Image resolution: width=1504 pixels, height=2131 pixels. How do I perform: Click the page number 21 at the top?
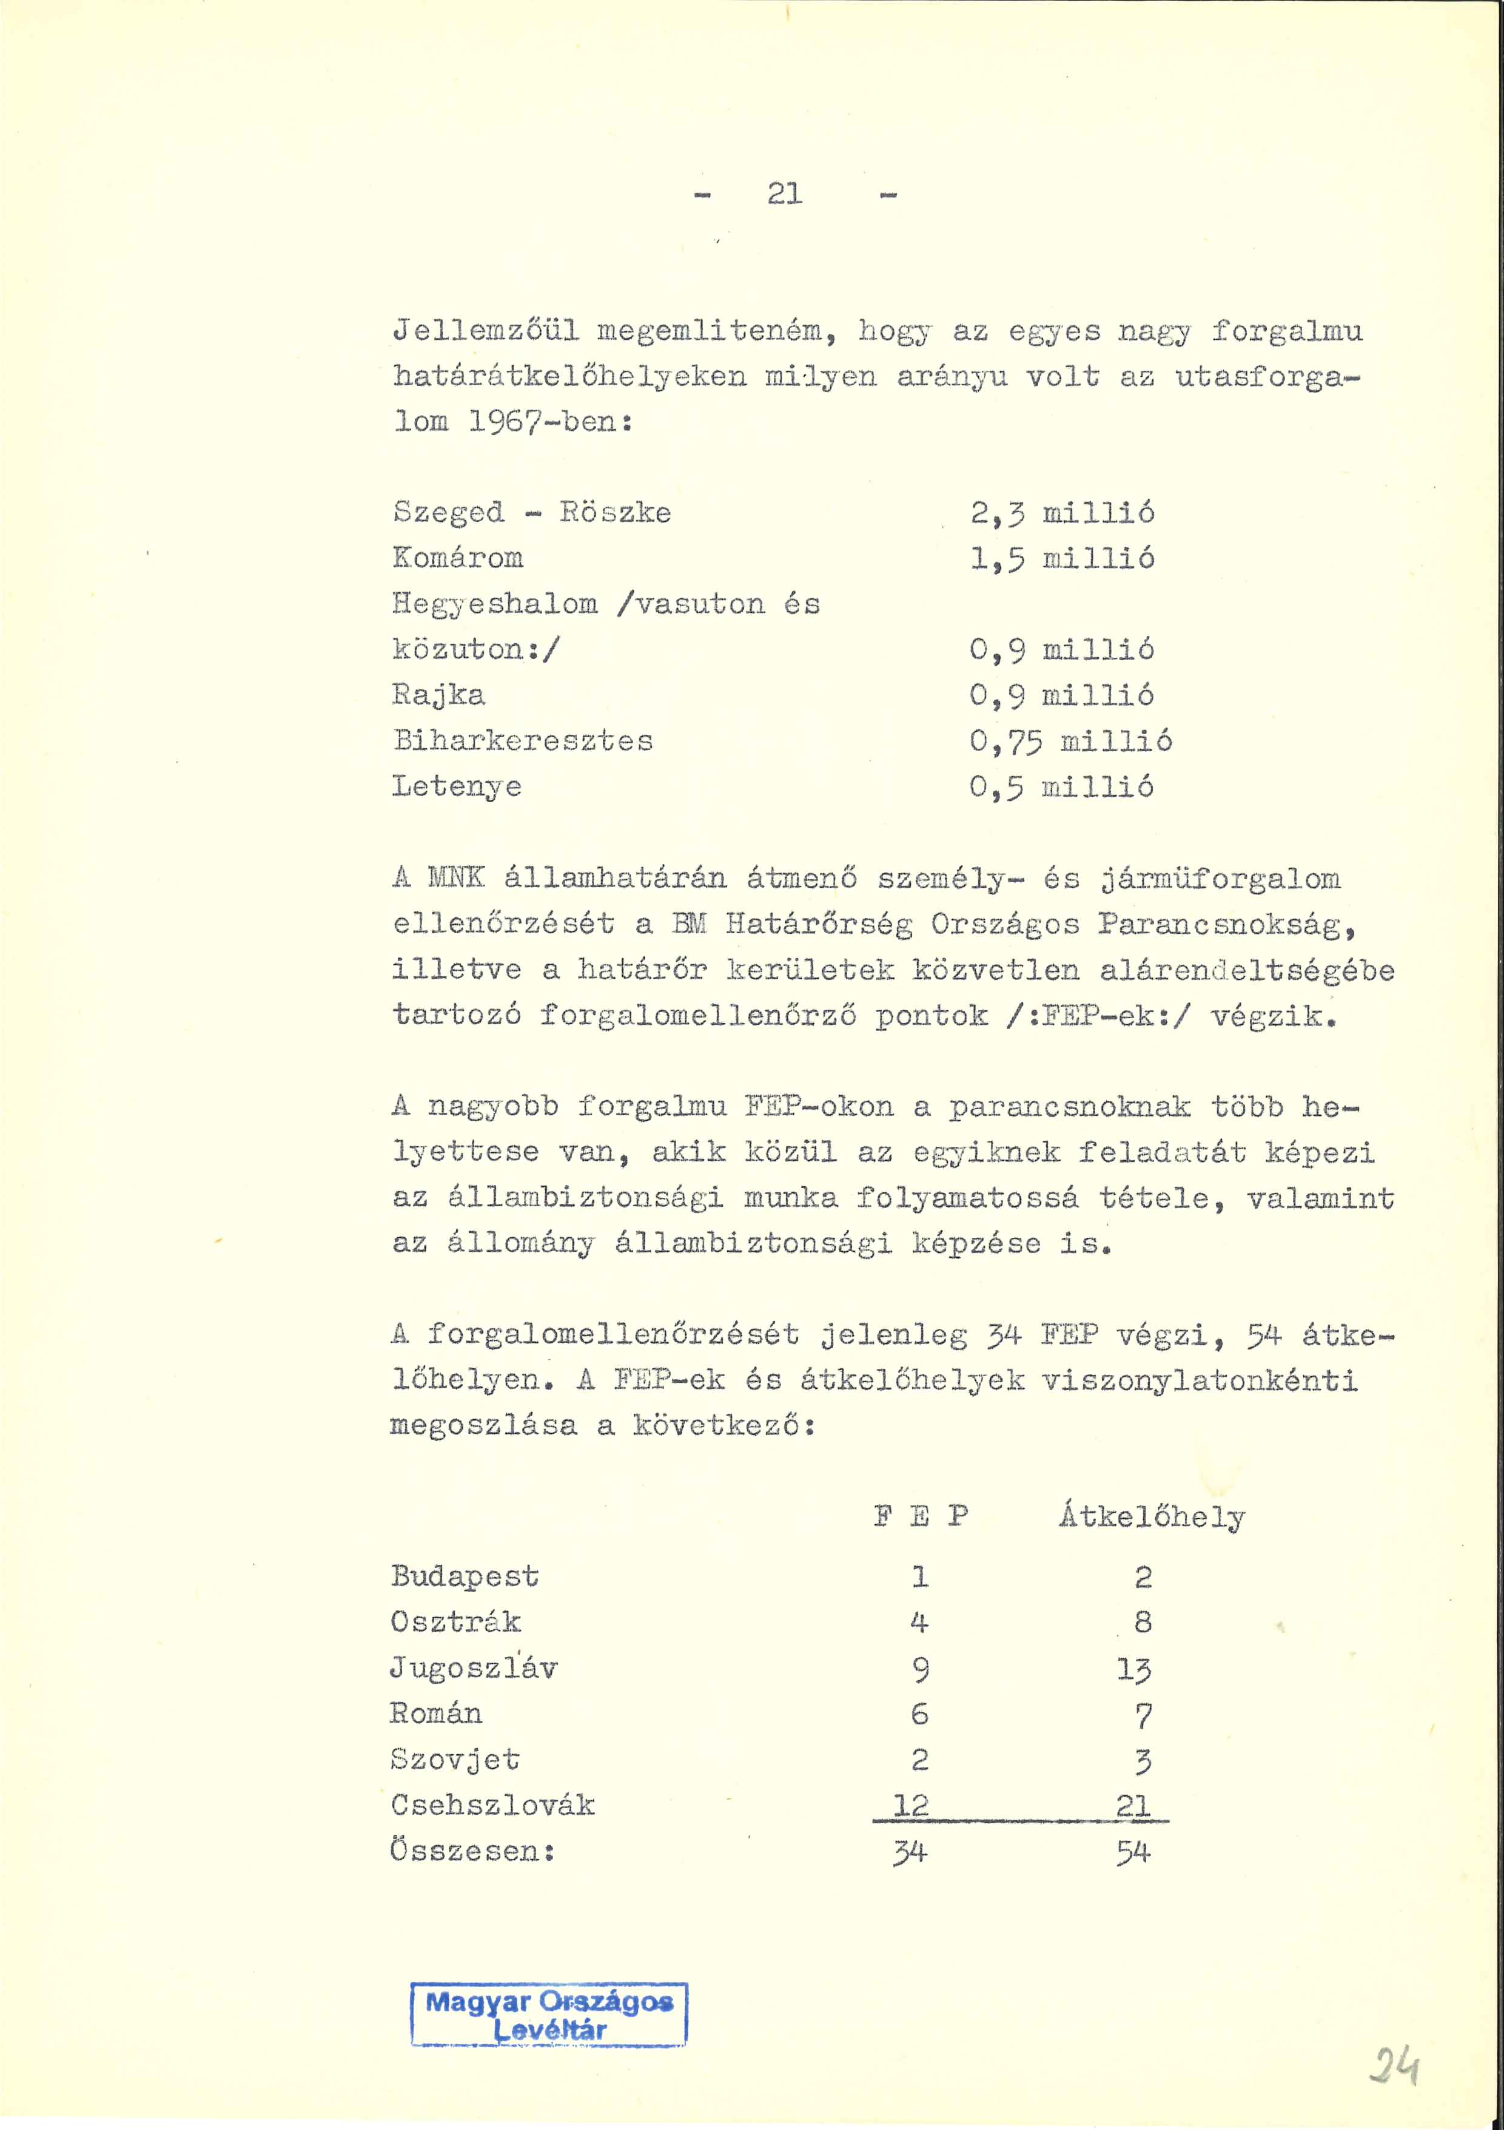785,194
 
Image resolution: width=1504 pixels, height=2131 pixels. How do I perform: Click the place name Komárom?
458,558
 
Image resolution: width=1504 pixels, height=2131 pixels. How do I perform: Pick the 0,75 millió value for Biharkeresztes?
1071,741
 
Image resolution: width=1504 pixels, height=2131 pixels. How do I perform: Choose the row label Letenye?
457,787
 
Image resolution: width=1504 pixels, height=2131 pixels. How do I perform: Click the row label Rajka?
439,695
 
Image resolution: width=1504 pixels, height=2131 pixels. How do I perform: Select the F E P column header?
921,1516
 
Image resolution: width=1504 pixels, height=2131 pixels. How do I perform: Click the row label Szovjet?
455,1760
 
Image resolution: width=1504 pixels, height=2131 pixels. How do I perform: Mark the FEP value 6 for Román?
919,1714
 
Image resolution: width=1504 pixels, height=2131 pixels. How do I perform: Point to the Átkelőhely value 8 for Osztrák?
1143,1623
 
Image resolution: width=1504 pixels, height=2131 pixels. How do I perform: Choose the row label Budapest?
464,1576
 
